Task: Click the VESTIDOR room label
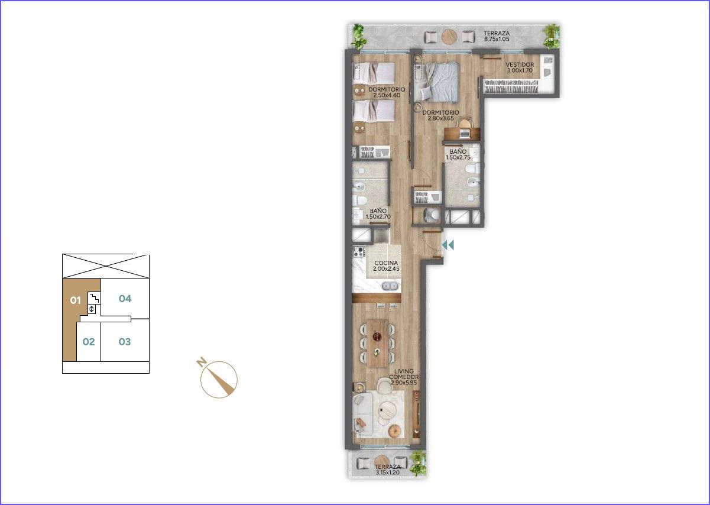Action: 520,64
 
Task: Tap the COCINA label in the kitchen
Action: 386,263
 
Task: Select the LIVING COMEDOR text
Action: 404,374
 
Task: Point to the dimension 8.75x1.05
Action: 497,39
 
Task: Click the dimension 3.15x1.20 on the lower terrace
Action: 388,472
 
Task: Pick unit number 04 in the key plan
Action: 125,298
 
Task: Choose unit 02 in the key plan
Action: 89,342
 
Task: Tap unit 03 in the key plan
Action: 125,342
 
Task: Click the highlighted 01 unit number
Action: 76,300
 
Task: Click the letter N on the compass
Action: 200,362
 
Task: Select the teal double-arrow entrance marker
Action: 448,245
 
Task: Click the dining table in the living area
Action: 377,344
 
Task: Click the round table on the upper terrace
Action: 449,37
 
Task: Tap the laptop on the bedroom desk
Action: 465,134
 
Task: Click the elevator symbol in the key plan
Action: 92,309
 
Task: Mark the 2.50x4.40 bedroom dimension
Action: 387,95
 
